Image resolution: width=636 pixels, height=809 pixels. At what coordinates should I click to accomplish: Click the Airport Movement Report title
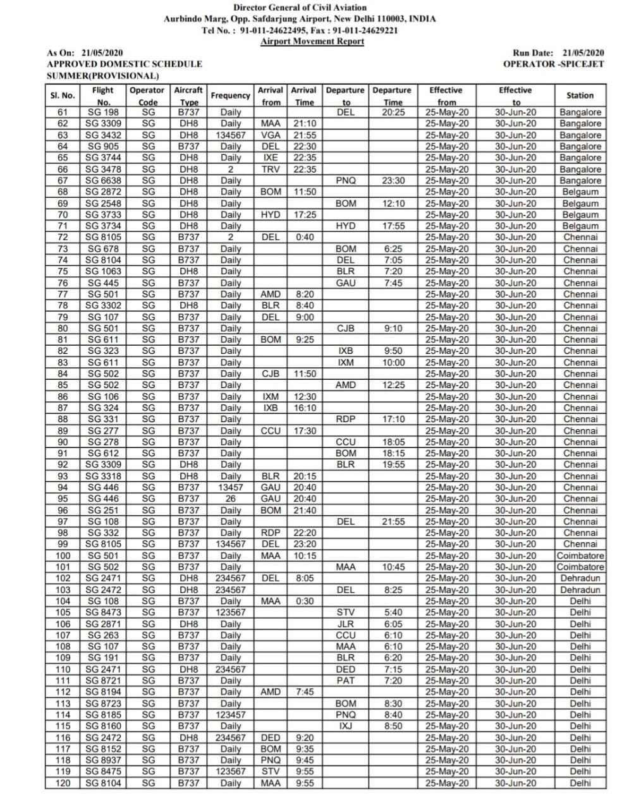click(x=312, y=42)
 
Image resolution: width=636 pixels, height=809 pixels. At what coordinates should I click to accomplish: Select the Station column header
click(x=580, y=95)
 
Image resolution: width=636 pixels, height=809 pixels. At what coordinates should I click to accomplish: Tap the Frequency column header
click(x=230, y=95)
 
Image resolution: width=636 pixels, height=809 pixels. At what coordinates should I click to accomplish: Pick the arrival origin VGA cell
click(x=271, y=135)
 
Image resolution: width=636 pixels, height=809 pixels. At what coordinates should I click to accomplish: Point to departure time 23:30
click(x=393, y=181)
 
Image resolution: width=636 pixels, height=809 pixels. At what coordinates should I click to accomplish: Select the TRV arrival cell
click(x=271, y=169)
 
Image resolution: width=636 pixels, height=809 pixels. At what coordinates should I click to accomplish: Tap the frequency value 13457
click(x=230, y=487)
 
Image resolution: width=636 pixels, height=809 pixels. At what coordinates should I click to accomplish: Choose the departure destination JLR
click(x=346, y=624)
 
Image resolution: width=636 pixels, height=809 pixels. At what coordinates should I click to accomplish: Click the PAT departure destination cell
click(x=346, y=681)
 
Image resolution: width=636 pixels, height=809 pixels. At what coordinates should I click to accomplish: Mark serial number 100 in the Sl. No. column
click(x=63, y=556)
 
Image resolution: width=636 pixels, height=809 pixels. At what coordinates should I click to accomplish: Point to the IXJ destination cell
click(x=346, y=726)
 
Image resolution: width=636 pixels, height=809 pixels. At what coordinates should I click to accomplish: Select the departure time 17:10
click(x=393, y=419)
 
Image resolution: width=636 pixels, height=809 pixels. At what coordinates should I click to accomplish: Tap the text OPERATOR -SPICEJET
click(x=553, y=64)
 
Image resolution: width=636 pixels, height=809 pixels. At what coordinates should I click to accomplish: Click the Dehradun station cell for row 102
click(x=580, y=578)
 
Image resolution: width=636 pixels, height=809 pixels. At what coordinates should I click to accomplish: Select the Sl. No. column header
click(x=63, y=95)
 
